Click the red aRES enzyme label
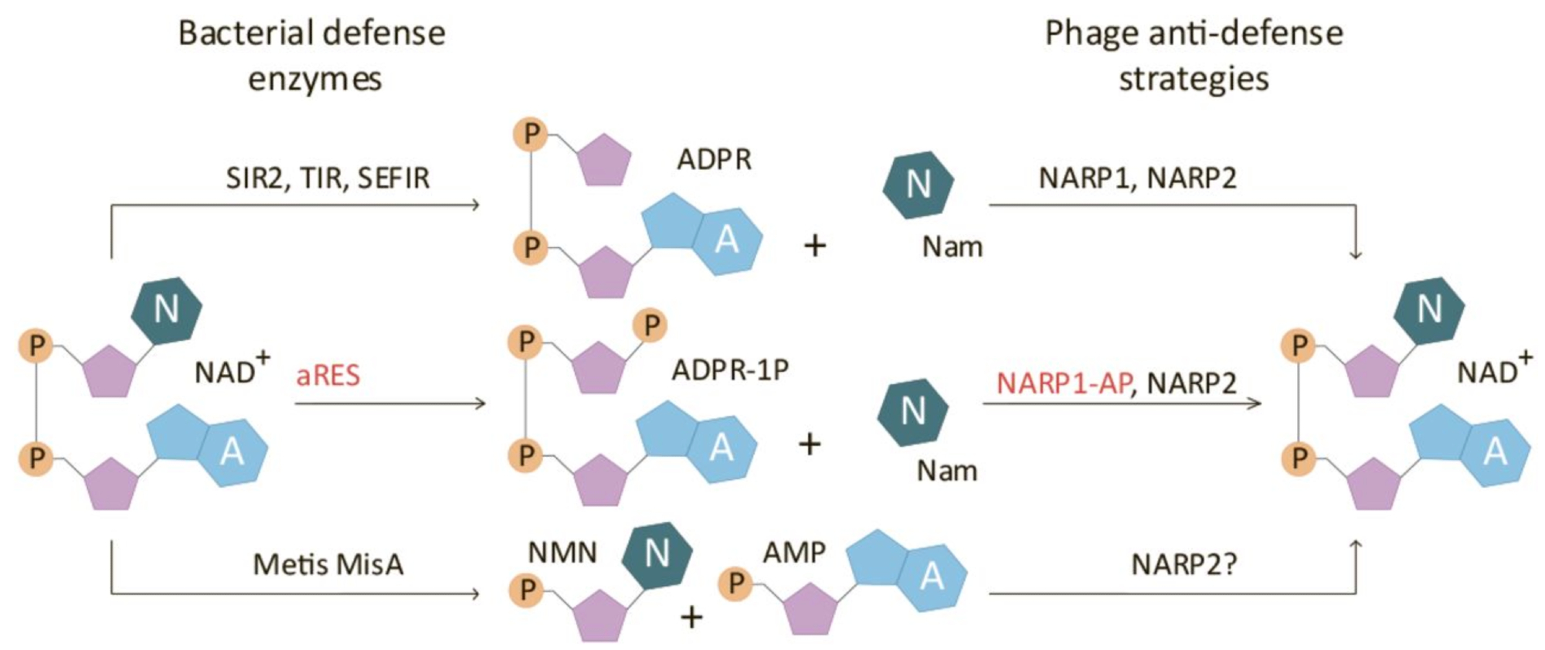point(328,376)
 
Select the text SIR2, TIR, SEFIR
point(328,179)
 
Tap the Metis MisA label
point(328,565)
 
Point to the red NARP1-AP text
point(1064,383)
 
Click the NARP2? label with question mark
point(1183,565)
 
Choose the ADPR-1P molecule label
point(730,370)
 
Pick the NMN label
point(562,553)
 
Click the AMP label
point(794,553)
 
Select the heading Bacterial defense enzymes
point(312,56)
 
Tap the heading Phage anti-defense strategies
point(1194,56)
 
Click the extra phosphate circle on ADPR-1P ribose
point(650,326)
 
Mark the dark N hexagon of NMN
point(657,553)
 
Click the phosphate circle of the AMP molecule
point(735,584)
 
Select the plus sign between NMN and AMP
point(691,617)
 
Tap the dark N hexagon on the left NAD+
point(167,310)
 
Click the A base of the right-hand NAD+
point(1496,451)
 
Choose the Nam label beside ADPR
point(952,247)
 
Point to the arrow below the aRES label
point(390,403)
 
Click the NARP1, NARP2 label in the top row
point(1137,179)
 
